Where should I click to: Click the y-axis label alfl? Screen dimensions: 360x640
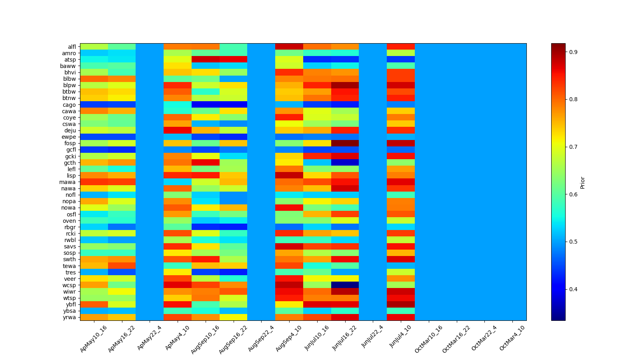coord(72,47)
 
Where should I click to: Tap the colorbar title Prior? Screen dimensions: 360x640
coord(582,182)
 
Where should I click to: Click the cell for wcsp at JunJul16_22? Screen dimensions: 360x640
coord(345,285)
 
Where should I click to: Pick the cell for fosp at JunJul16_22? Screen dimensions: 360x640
coord(345,143)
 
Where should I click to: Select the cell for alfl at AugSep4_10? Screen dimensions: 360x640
coord(289,47)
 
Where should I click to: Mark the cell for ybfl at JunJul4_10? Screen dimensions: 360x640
coord(400,304)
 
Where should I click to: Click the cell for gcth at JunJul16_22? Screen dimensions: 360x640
coord(345,163)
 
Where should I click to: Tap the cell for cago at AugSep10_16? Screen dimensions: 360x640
coord(205,105)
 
